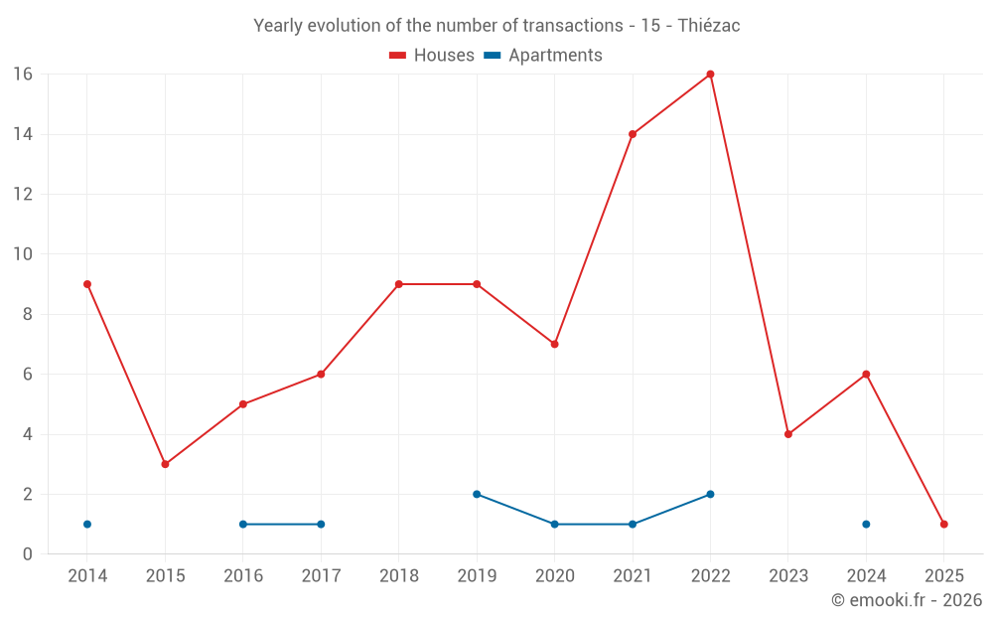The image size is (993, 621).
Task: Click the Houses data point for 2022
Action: tap(710, 75)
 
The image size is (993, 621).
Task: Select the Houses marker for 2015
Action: tap(165, 464)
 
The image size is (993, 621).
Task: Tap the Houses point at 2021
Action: tap(633, 134)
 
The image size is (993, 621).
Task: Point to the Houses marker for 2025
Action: tap(943, 524)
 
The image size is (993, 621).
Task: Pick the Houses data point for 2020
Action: tap(554, 344)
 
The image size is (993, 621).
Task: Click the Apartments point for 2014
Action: tap(87, 524)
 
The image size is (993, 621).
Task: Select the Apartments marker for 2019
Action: tap(477, 494)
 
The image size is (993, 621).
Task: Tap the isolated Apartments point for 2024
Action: tap(866, 524)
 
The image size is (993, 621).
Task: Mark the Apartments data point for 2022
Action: tap(710, 494)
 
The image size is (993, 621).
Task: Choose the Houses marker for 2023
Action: tap(787, 434)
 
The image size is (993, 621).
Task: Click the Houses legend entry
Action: tap(432, 56)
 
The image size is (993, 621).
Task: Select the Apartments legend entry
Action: tap(543, 56)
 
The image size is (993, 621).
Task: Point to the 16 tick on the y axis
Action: tap(23, 75)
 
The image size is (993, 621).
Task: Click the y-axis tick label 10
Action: tap(23, 254)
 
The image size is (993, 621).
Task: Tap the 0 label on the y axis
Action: tap(28, 554)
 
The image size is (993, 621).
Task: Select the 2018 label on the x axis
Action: tap(398, 576)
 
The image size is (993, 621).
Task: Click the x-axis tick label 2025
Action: tap(943, 576)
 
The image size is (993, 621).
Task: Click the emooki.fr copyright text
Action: tap(906, 600)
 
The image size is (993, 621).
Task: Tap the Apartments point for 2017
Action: tap(321, 524)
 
